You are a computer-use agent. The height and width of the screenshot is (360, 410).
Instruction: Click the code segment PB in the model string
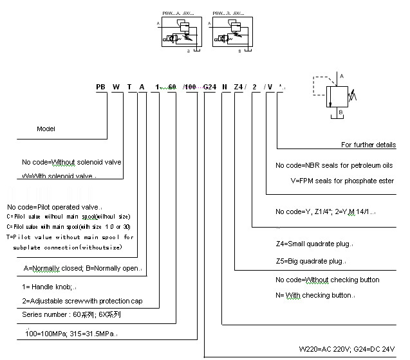coord(101,87)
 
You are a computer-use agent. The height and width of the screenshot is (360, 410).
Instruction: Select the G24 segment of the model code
coord(210,87)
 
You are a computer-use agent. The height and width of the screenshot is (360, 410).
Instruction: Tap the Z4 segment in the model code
coord(238,87)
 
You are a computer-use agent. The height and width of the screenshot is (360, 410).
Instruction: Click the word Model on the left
coord(46,129)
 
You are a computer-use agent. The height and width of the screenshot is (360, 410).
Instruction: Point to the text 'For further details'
coord(368,145)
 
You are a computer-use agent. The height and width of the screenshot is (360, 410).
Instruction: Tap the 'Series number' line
coord(71,315)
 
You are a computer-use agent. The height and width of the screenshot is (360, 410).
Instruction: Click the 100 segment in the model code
coord(191,87)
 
